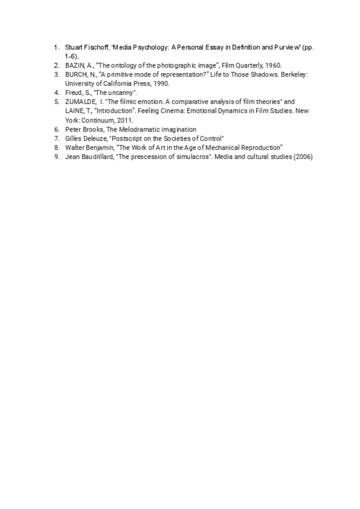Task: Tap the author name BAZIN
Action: tap(74, 65)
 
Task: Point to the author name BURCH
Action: tap(76, 74)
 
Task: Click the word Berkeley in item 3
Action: tap(293, 74)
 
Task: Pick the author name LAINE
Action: tap(74, 111)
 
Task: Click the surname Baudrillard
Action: tap(95, 156)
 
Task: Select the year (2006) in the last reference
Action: tap(302, 156)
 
